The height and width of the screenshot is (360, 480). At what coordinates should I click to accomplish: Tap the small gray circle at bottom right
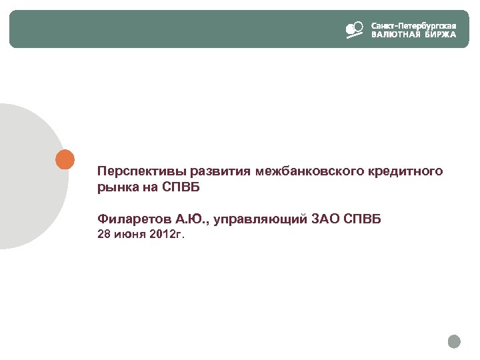point(454,341)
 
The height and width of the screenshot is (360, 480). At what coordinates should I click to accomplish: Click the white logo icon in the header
point(354,30)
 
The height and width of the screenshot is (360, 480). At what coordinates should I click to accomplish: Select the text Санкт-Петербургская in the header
point(413,25)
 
